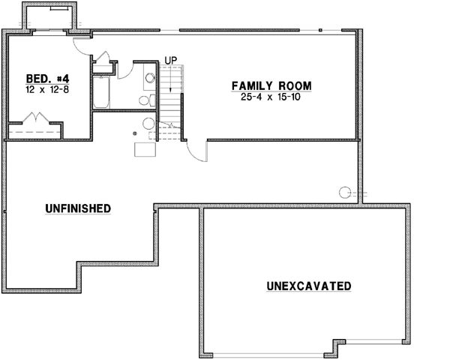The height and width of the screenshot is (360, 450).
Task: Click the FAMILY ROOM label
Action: click(x=271, y=85)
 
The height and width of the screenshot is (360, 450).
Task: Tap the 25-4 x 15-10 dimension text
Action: click(x=271, y=97)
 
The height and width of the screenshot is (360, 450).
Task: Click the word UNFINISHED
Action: click(x=78, y=208)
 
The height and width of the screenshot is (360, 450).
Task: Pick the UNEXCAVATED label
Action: click(x=309, y=286)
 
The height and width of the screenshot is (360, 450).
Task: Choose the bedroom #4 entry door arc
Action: click(x=83, y=43)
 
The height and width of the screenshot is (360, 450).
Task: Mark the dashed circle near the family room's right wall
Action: click(x=346, y=191)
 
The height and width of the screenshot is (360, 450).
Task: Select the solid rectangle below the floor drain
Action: click(x=145, y=148)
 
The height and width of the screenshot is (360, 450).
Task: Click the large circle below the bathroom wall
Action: click(x=148, y=123)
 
